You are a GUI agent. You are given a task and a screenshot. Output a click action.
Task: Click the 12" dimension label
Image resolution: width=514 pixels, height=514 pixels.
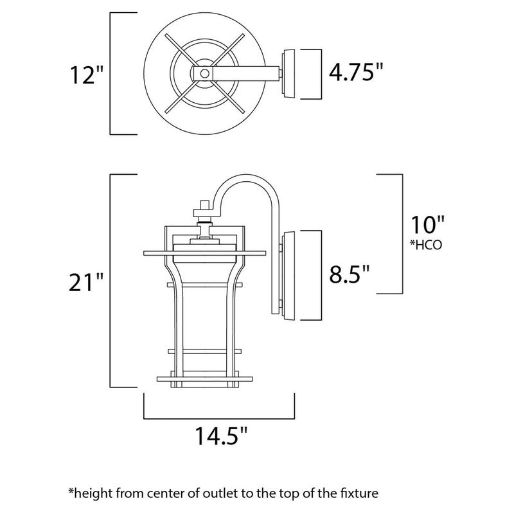(87, 76)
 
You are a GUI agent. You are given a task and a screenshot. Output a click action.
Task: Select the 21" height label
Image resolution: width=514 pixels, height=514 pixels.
(86, 282)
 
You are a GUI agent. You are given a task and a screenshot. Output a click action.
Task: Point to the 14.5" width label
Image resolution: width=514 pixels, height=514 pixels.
(220, 438)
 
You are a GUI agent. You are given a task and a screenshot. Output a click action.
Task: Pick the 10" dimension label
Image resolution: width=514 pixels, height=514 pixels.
(427, 226)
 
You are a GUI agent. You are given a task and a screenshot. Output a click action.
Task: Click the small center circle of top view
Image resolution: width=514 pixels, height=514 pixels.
(204, 74)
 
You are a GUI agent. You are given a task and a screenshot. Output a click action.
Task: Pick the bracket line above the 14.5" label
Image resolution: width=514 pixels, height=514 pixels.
(218, 415)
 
